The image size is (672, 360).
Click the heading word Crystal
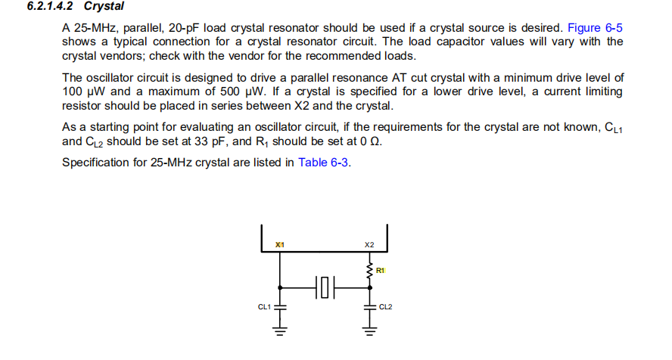tap(104, 7)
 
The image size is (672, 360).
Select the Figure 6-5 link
tap(595, 28)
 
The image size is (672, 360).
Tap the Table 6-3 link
tap(324, 162)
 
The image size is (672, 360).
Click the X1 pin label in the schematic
tap(280, 245)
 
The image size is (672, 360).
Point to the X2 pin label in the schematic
tap(369, 245)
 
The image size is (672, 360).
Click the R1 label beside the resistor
tap(380, 270)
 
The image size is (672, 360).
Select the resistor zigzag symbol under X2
tap(369, 271)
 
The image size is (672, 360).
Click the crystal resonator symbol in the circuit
tap(324, 287)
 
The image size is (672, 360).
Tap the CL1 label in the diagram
tap(264, 306)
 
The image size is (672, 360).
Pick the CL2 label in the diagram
tap(385, 306)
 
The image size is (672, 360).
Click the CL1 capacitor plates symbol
tap(281, 306)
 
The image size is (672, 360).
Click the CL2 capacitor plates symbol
tap(369, 306)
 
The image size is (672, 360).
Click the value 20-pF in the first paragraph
tap(188, 28)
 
